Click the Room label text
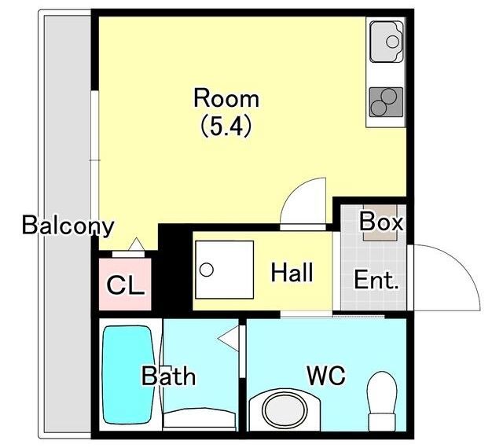pyautogui.click(x=226, y=98)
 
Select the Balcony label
pyautogui.click(x=68, y=226)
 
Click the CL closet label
pyautogui.click(x=125, y=285)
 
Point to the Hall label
pyautogui.click(x=292, y=273)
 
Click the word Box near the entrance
pyautogui.click(x=380, y=221)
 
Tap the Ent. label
pyautogui.click(x=376, y=280)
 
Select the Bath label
pyautogui.click(x=168, y=376)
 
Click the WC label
pyautogui.click(x=326, y=375)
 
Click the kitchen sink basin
pyautogui.click(x=386, y=42)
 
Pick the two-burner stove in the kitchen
pyautogui.click(x=386, y=102)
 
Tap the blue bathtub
pyautogui.click(x=127, y=374)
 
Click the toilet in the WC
pyautogui.click(x=382, y=401)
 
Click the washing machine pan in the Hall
pyautogui.click(x=225, y=270)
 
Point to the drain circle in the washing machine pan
pyautogui.click(x=206, y=270)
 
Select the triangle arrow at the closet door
pyautogui.click(x=137, y=244)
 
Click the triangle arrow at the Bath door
pyautogui.click(x=229, y=338)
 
